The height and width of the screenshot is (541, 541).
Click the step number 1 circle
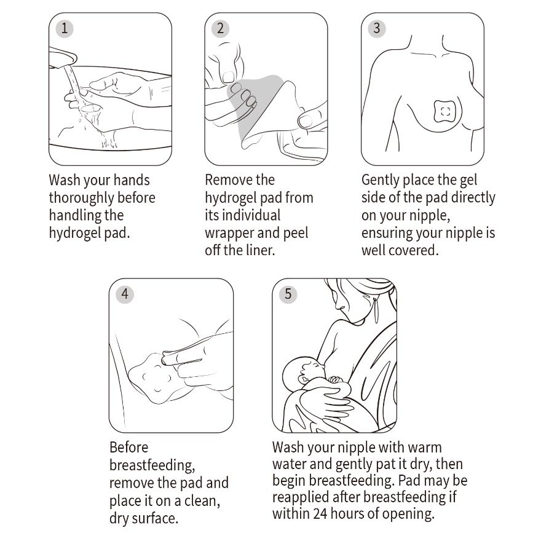point(65,28)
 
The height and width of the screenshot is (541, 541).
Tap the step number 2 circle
point(221,28)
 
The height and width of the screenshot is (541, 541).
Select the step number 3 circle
point(377,28)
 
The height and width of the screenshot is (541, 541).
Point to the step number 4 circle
point(125,294)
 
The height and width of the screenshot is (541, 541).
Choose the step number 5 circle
point(288,294)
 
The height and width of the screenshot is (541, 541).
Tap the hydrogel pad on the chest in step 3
point(444,111)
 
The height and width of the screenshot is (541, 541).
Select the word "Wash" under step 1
point(65,180)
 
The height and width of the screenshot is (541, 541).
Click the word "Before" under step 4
point(128,448)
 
